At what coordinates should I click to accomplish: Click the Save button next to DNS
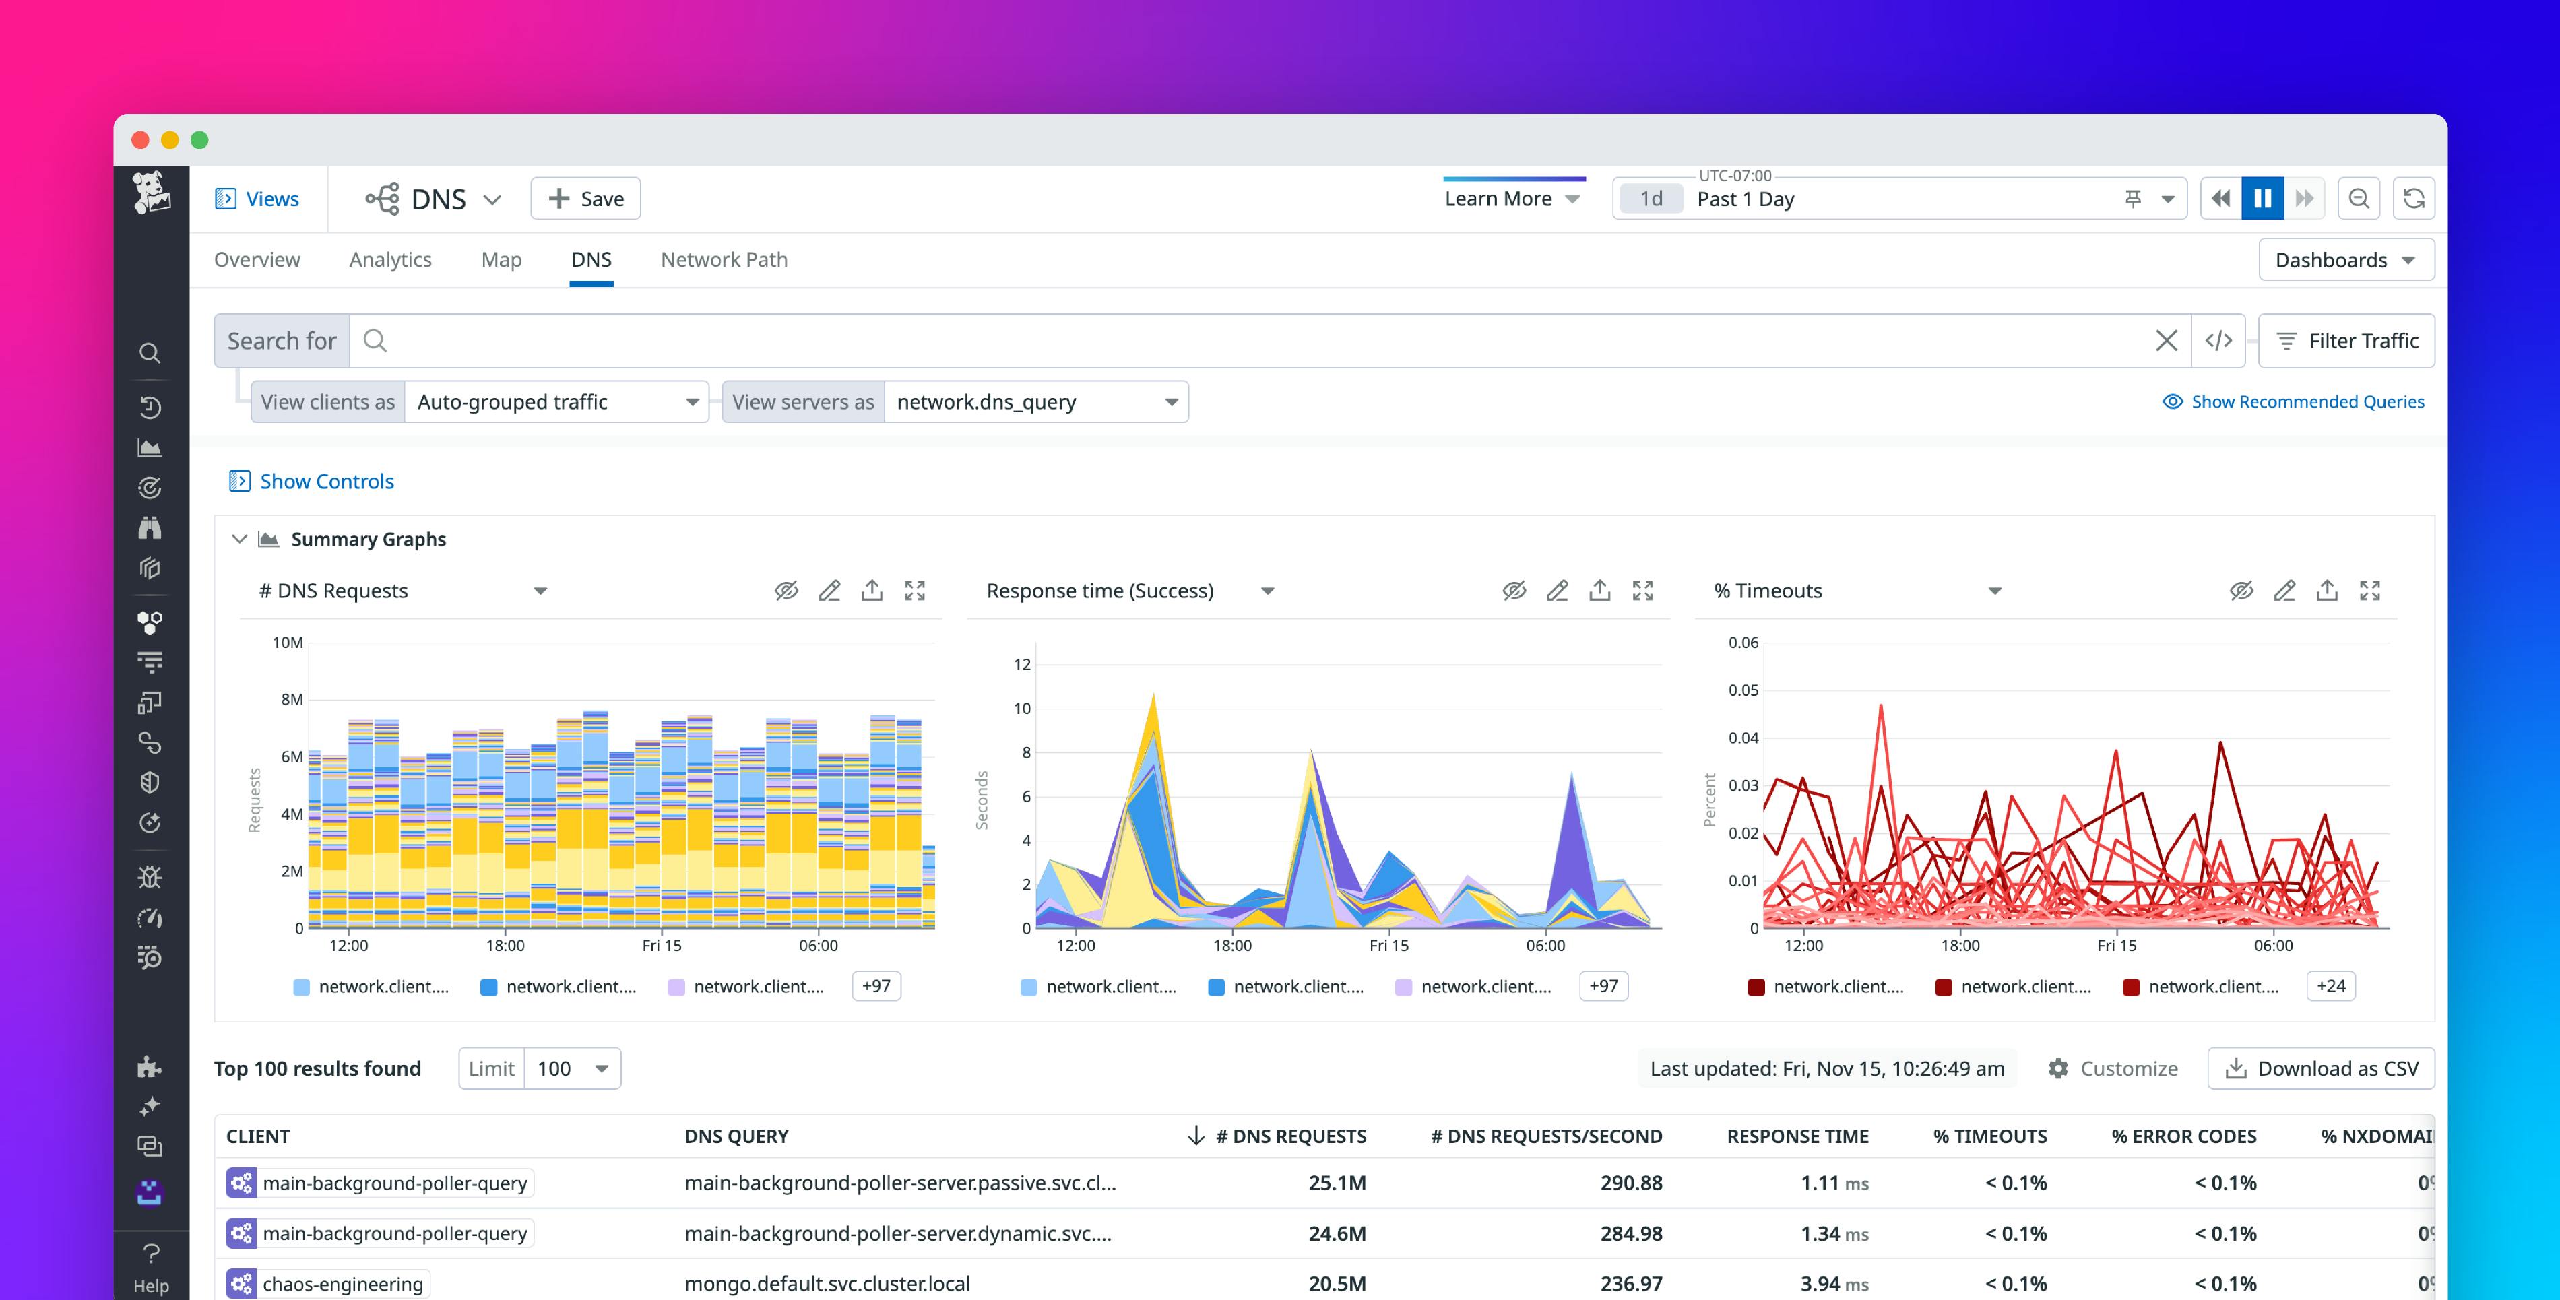[x=585, y=199]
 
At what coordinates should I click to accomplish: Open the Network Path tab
[x=724, y=259]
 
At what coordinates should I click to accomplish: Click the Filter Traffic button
[x=2346, y=341]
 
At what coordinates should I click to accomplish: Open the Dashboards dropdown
[x=2345, y=259]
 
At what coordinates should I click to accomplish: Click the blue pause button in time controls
[x=2262, y=199]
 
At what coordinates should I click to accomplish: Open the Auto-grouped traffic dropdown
[x=556, y=401]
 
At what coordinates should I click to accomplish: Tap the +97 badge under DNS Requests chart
[x=876, y=986]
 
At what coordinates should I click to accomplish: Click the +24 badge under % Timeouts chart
[x=2330, y=986]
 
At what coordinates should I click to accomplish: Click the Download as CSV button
[x=2322, y=1068]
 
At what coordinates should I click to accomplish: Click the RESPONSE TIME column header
[x=1797, y=1136]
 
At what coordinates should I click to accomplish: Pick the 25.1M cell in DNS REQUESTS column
[x=1337, y=1183]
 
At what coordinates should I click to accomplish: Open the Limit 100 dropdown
[x=573, y=1068]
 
